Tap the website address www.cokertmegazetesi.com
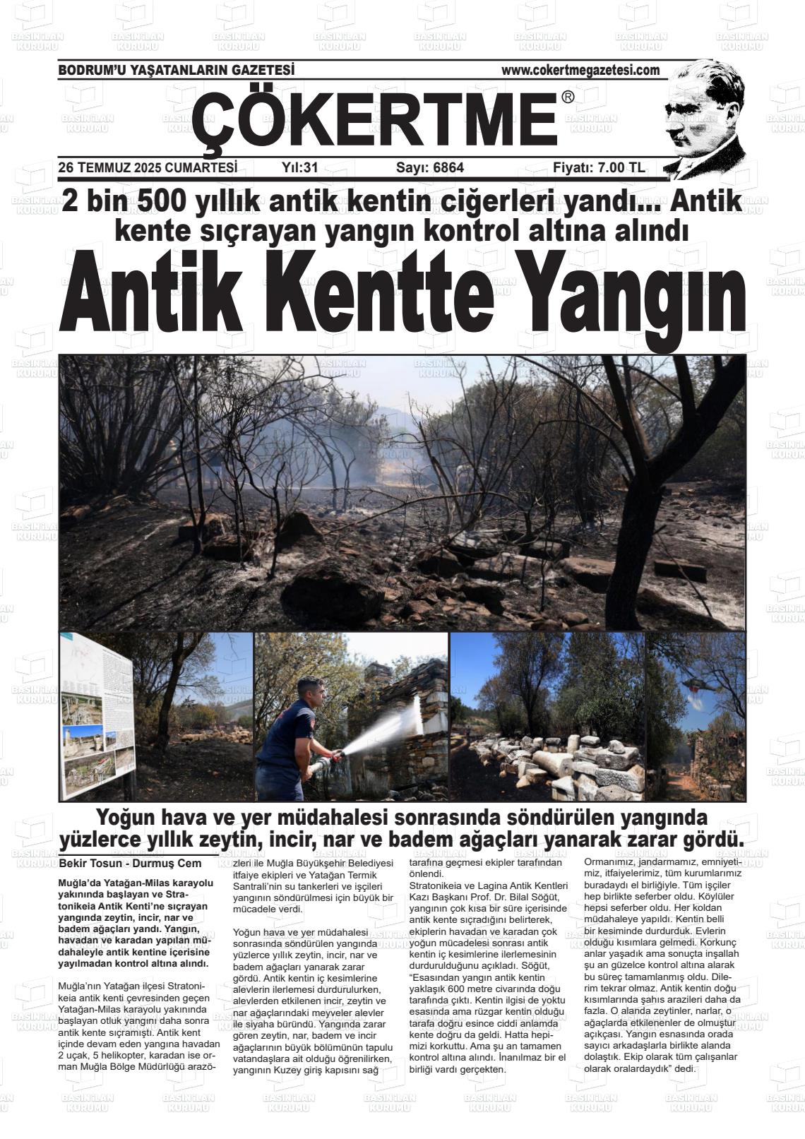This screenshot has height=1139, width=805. (x=580, y=70)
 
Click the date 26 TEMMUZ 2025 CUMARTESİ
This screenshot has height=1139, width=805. (x=147, y=168)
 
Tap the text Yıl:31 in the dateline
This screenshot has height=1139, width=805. (x=300, y=168)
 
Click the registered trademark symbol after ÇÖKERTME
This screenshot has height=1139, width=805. (x=568, y=98)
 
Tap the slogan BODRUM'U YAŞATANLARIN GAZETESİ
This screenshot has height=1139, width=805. (x=176, y=70)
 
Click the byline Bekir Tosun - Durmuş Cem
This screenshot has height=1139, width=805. (x=130, y=863)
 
